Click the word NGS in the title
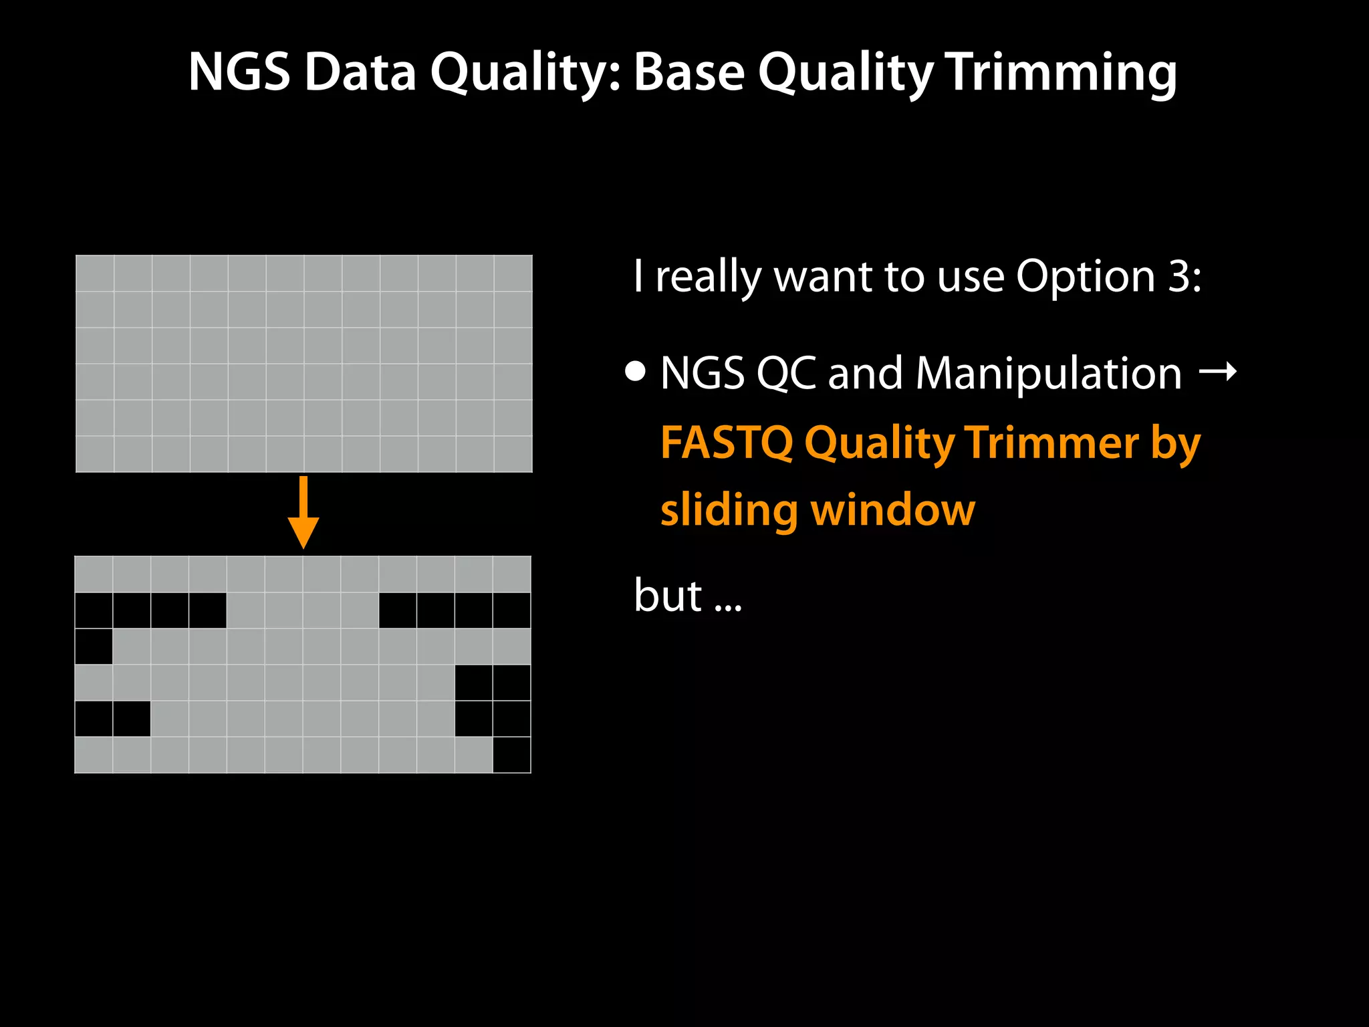click(x=239, y=72)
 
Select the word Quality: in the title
click(x=525, y=72)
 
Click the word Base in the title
click(x=689, y=72)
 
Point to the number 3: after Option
click(x=1185, y=276)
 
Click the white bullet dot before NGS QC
click(x=636, y=371)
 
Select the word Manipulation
click(x=1048, y=373)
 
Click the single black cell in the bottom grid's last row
click(x=511, y=755)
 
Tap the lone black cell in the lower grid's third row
click(x=94, y=647)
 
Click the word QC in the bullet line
click(x=786, y=373)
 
